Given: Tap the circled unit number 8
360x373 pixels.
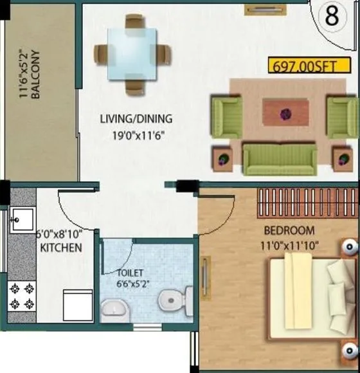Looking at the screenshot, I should click(x=332, y=17).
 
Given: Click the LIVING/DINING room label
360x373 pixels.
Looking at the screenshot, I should click(x=136, y=118).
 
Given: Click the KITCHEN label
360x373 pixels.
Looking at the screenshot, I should click(x=60, y=248).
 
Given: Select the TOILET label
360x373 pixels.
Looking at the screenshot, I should click(x=130, y=272).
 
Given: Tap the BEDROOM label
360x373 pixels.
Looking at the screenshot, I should click(x=289, y=230).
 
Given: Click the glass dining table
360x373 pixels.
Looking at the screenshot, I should click(x=135, y=52).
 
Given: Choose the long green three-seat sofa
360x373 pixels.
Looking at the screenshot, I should click(x=279, y=158).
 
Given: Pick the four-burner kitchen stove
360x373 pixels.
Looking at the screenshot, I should click(x=22, y=296).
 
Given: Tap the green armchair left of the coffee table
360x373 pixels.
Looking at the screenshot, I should click(x=227, y=116).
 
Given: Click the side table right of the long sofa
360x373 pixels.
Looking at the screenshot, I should click(x=342, y=158).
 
